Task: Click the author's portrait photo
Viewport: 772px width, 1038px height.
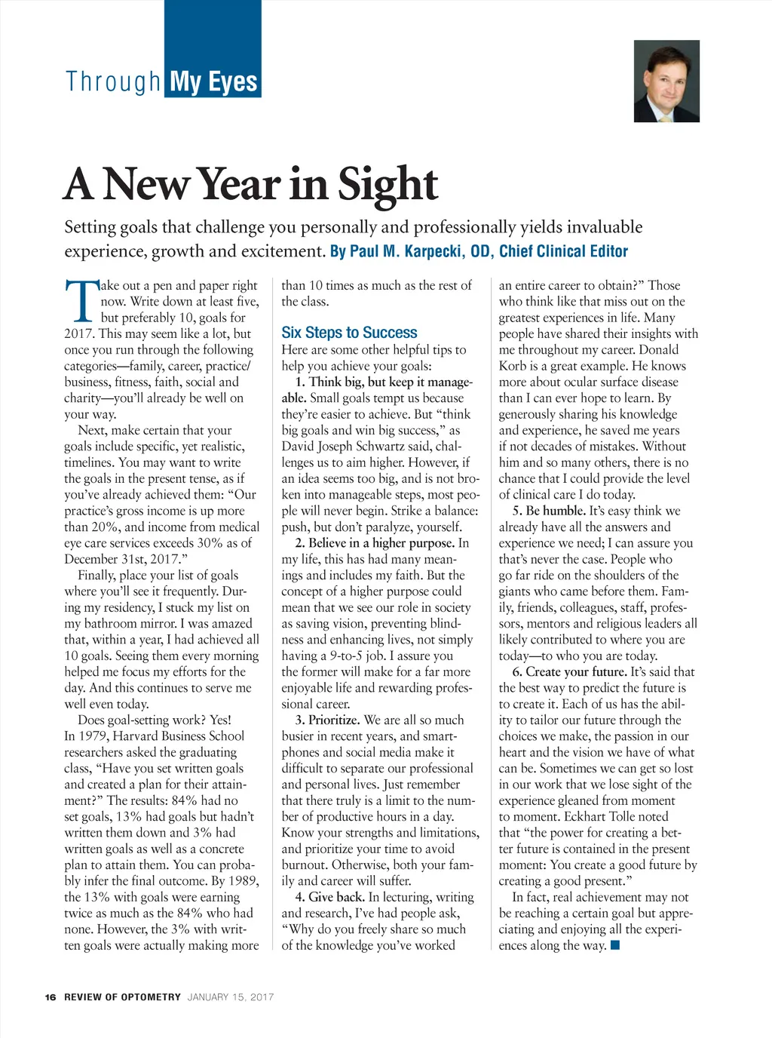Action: pos(666,81)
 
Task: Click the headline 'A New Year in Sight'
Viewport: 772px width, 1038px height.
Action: pos(251,184)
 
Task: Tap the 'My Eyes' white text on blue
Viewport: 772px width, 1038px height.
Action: pos(214,81)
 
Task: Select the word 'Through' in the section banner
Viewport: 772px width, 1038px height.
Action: pos(113,81)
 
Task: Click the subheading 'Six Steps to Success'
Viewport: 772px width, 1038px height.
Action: pos(349,333)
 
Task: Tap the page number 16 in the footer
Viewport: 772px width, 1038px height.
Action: pos(51,997)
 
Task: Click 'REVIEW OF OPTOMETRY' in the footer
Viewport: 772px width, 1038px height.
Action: pos(123,997)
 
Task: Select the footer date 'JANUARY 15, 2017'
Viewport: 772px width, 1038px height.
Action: pos(231,997)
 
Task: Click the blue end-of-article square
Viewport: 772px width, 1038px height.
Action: pos(615,945)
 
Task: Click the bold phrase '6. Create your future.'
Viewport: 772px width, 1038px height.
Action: pos(569,671)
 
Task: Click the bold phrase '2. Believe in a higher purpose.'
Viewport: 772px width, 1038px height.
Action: pos(375,543)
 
